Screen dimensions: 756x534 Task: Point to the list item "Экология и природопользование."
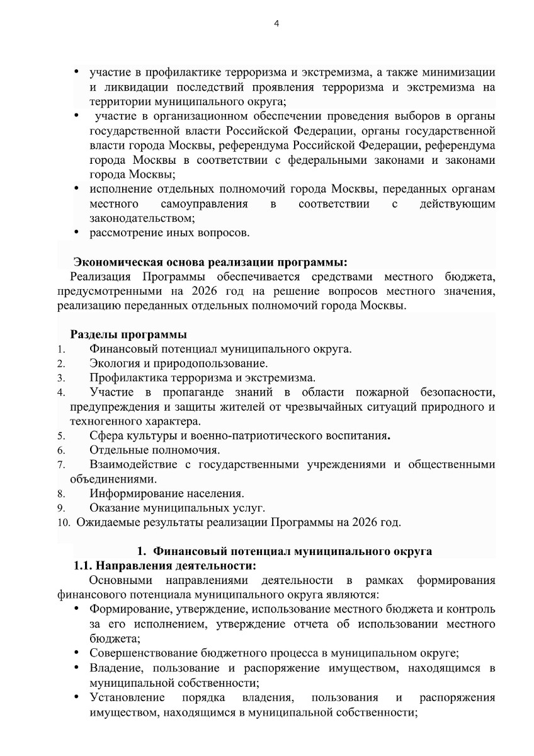point(179,364)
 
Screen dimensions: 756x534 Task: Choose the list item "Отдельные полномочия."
point(155,450)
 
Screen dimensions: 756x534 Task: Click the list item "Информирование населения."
point(167,493)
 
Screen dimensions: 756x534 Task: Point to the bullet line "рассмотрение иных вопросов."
point(169,233)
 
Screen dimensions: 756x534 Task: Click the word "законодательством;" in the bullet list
point(142,218)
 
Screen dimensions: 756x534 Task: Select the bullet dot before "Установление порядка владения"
point(76,697)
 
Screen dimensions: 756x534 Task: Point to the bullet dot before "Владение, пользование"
point(76,667)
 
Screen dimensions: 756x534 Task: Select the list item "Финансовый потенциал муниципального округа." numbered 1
point(220,349)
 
